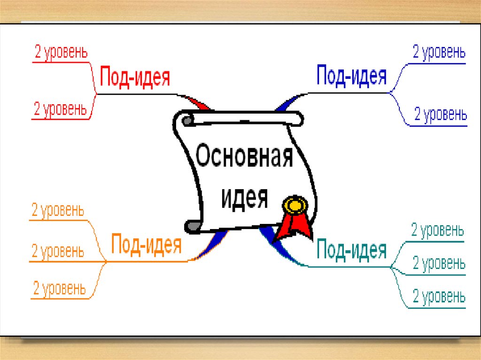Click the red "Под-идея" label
[135, 77]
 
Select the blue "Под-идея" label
[351, 75]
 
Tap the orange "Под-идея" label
[146, 244]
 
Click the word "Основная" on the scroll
[244, 157]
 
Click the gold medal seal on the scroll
[294, 205]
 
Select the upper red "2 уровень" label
[61, 53]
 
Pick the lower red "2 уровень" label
[60, 109]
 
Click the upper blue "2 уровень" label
[439, 52]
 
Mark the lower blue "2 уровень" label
[440, 114]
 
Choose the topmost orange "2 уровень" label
[58, 210]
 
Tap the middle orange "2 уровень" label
[58, 251]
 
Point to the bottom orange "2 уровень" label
[59, 288]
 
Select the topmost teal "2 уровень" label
[437, 230]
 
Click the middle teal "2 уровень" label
[439, 263]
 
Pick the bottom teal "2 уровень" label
[439, 297]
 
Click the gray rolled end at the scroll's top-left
[187, 121]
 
